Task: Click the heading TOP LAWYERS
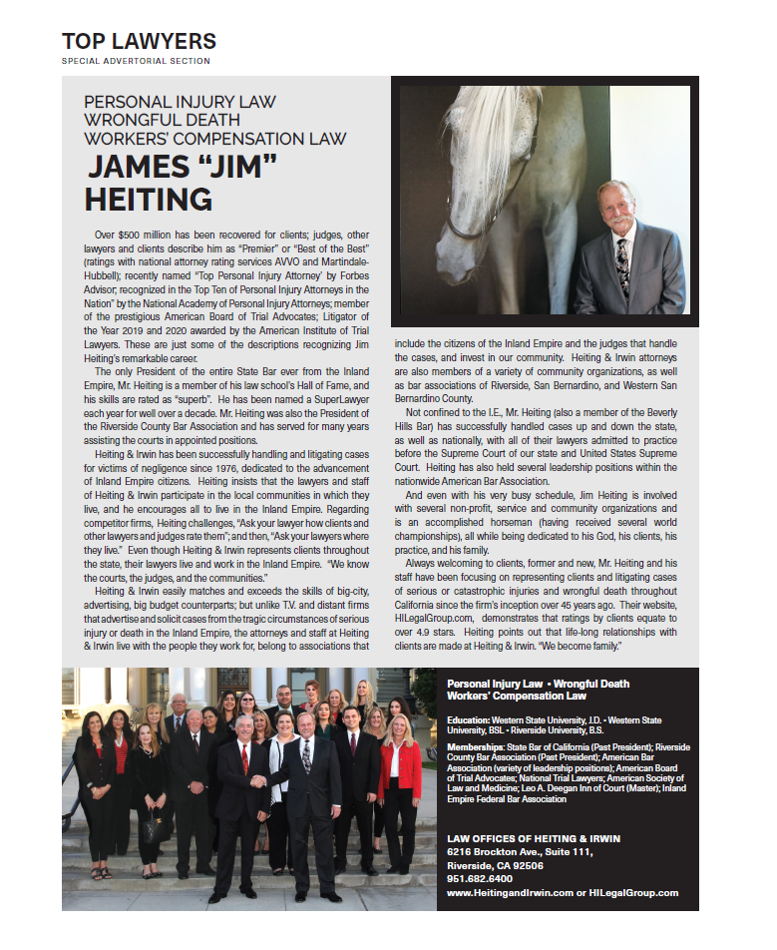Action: [139, 41]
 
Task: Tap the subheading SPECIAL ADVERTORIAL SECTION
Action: [136, 61]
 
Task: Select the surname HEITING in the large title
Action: [148, 198]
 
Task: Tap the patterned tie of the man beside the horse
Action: [622, 263]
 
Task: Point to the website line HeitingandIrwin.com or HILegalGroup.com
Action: [563, 893]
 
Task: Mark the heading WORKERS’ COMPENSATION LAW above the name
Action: [215, 138]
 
